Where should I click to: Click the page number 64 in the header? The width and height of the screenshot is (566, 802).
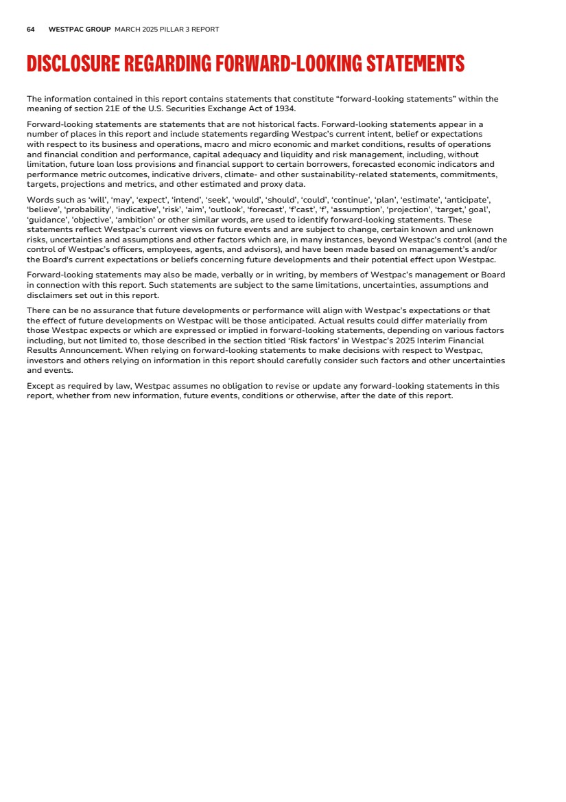click(x=31, y=30)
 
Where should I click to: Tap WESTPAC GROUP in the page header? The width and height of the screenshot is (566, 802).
click(x=80, y=30)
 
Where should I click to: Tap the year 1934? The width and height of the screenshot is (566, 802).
click(x=285, y=108)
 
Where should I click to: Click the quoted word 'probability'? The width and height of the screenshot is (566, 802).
click(x=89, y=210)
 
